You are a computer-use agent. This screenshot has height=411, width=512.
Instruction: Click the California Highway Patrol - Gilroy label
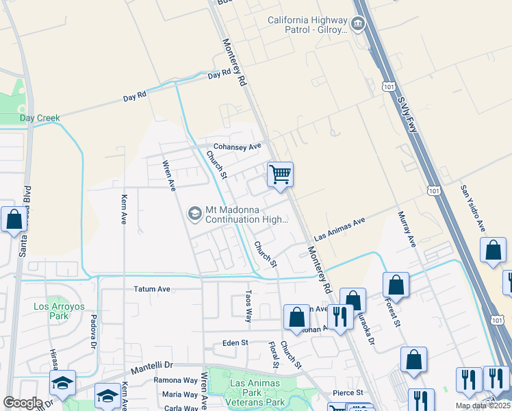[x=307, y=25]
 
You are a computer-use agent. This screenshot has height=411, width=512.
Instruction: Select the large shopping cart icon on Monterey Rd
[x=280, y=175]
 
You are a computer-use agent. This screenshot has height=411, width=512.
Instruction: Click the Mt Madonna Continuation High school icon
[x=195, y=214]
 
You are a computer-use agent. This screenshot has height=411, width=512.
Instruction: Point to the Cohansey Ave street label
[x=238, y=147]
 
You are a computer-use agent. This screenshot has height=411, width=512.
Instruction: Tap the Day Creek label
[x=40, y=118]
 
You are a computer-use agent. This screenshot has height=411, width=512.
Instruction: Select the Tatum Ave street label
[x=151, y=289]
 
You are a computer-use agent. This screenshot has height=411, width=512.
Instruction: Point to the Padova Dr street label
[x=92, y=332]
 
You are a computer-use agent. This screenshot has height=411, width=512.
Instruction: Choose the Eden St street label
[x=233, y=343]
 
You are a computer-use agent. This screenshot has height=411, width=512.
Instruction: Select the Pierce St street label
[x=349, y=393]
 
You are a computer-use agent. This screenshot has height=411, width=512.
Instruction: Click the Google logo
[x=23, y=403]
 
